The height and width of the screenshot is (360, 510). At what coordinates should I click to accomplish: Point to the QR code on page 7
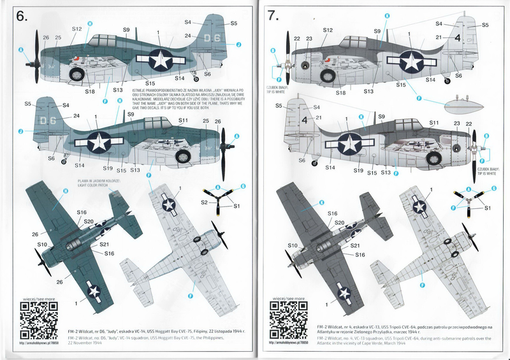point(284,317)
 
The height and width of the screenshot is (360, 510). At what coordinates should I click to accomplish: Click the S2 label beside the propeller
point(205,202)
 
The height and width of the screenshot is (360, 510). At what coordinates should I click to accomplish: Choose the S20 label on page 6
point(88,221)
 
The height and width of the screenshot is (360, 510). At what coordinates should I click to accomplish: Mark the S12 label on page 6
point(76,29)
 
